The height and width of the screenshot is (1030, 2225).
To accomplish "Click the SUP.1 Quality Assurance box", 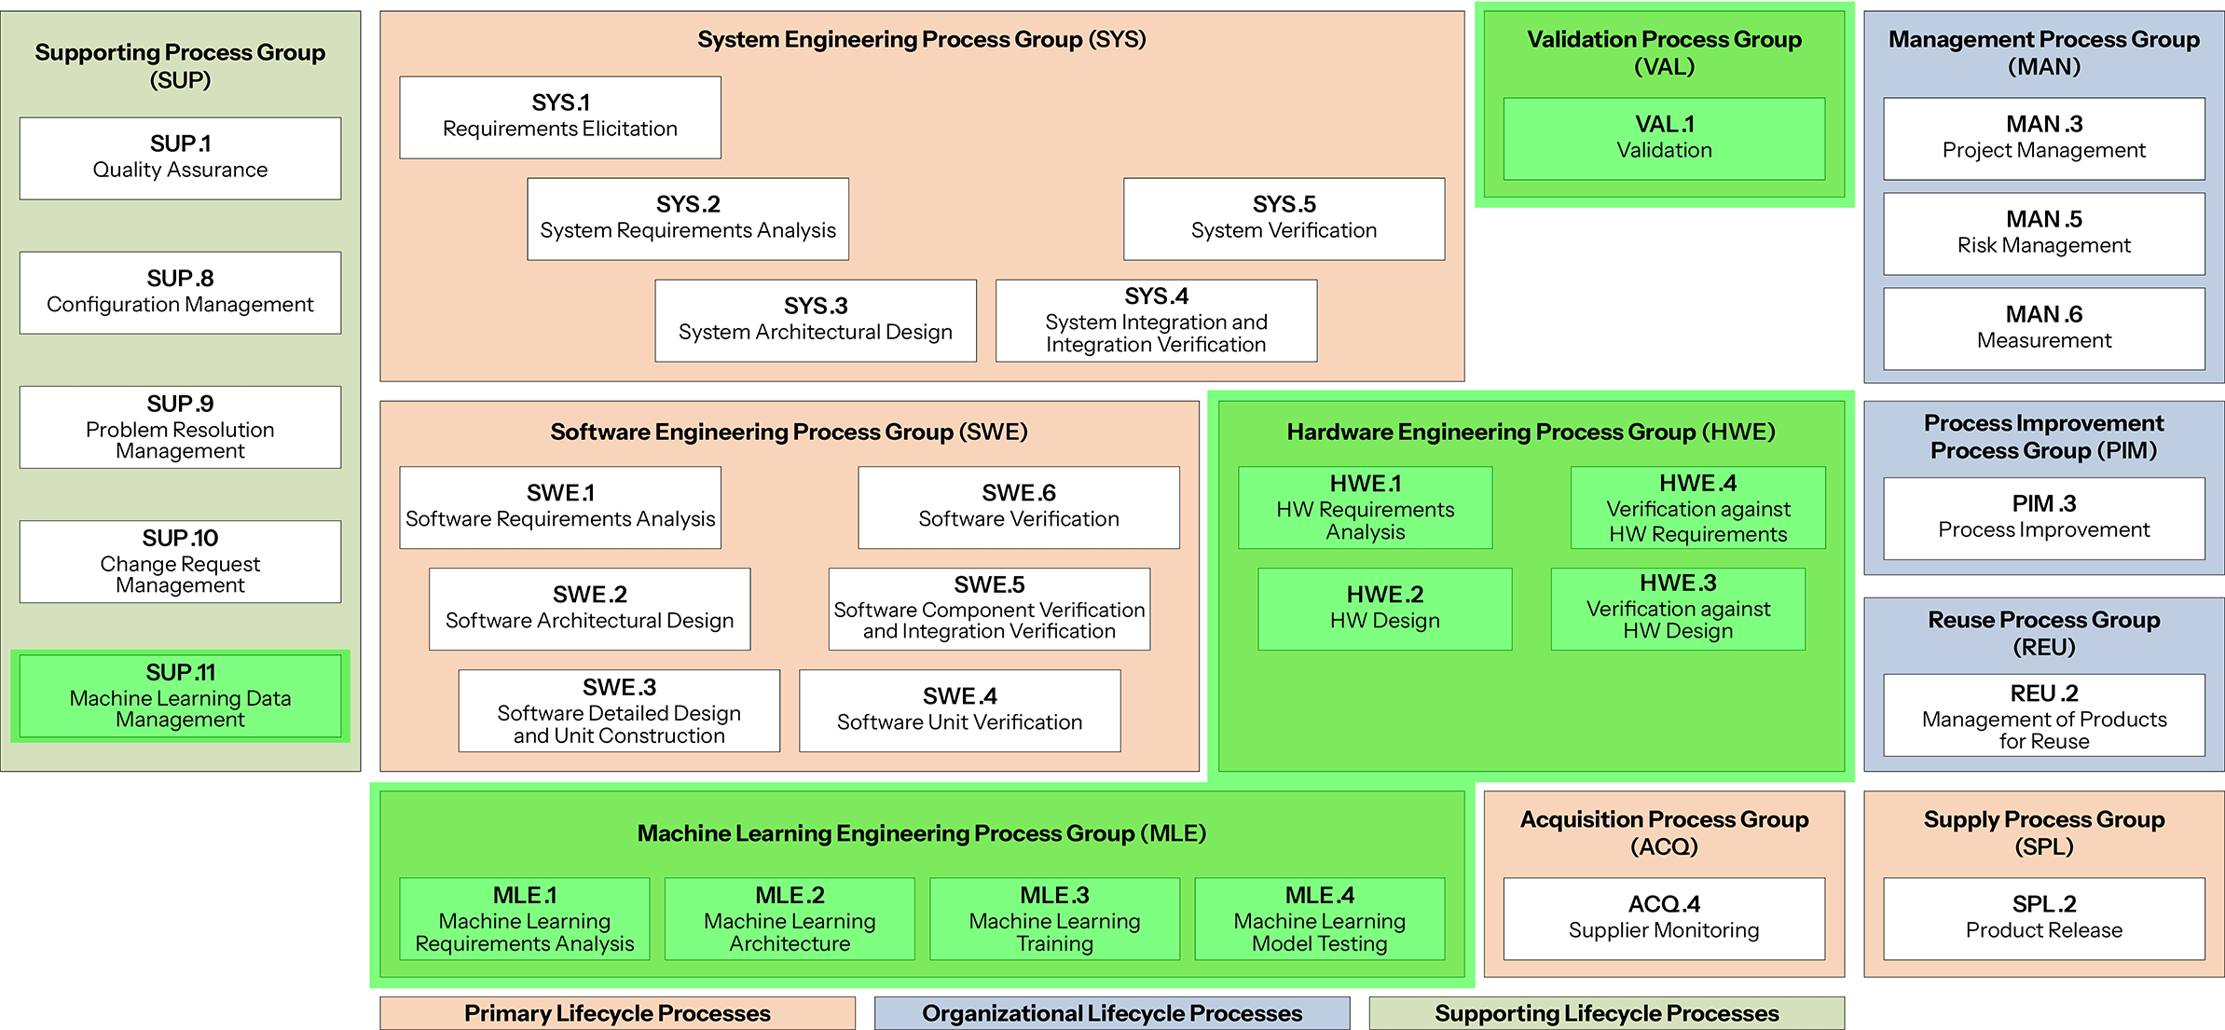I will pyautogui.click(x=180, y=158).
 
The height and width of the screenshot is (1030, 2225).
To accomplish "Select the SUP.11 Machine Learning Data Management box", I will pyautogui.click(x=180, y=695).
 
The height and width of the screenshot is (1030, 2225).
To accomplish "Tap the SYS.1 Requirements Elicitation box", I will pyautogui.click(x=559, y=117).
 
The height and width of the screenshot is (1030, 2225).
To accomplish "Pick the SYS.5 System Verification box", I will pyautogui.click(x=1284, y=218).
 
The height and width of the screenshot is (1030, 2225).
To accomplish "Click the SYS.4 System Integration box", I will pyautogui.click(x=1156, y=320).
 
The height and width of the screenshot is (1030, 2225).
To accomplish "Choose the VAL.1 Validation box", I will pyautogui.click(x=1664, y=138).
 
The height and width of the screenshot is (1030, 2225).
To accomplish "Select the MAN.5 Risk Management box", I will pyautogui.click(x=2043, y=233).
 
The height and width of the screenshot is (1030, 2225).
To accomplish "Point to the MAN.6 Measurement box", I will pyautogui.click(x=2043, y=328).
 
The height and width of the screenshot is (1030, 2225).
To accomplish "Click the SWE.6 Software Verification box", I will pyautogui.click(x=1018, y=507).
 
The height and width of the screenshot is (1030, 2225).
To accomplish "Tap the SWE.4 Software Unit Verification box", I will pyautogui.click(x=959, y=710).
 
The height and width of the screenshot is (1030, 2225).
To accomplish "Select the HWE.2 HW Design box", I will pyautogui.click(x=1384, y=609).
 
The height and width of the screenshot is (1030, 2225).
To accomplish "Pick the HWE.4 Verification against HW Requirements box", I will pyautogui.click(x=1697, y=507).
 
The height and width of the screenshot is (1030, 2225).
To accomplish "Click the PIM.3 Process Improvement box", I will pyautogui.click(x=2043, y=518).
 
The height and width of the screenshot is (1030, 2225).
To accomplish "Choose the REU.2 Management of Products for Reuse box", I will pyautogui.click(x=2043, y=715).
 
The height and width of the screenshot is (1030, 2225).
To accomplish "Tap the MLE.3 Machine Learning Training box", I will pyautogui.click(x=1054, y=918).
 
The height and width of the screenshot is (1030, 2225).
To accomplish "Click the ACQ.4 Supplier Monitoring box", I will pyautogui.click(x=1664, y=918).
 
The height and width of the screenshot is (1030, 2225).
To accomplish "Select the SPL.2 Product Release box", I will pyautogui.click(x=2043, y=918).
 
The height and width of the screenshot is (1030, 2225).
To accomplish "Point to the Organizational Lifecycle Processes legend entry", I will pyautogui.click(x=1111, y=1013).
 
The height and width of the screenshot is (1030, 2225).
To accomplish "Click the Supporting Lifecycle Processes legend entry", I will pyautogui.click(x=1606, y=1013).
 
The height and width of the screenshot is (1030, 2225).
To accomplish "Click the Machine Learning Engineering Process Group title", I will pyautogui.click(x=921, y=833).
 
